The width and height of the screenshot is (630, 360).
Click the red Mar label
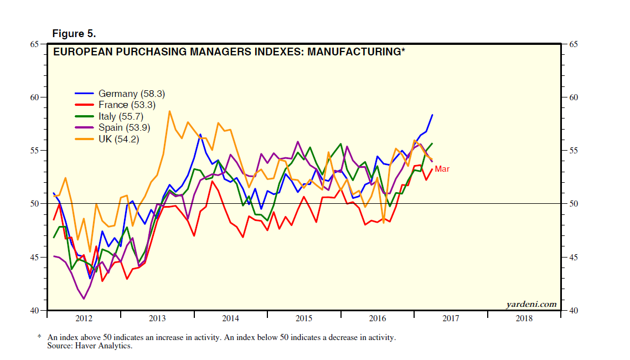tap(442, 168)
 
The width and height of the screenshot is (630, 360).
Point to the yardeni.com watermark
tap(531, 304)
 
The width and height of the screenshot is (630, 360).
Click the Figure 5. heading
tap(74, 34)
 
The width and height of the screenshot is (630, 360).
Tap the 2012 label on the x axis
tap(84, 318)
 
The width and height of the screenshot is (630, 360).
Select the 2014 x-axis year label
tap(230, 318)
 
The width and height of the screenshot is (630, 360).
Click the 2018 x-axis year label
tap(524, 318)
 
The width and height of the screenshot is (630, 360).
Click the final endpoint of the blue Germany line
tap(432, 115)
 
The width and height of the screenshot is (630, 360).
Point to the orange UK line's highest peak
tap(169, 111)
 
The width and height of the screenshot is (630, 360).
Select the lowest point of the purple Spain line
tap(84, 299)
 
